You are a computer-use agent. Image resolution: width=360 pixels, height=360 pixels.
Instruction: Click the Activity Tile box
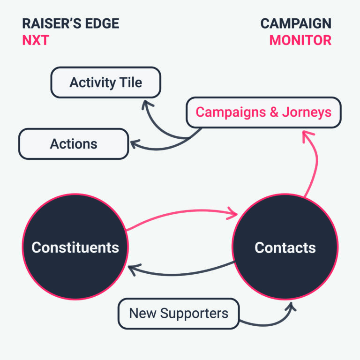click(105, 82)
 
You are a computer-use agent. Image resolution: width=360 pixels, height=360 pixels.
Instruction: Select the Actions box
click(73, 144)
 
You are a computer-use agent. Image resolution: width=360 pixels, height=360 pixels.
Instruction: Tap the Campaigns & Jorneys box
click(263, 112)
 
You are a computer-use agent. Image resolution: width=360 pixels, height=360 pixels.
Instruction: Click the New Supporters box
click(178, 313)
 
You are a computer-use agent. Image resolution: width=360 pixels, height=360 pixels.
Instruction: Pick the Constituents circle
click(75, 247)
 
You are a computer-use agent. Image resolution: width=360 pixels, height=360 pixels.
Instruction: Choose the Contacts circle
click(285, 247)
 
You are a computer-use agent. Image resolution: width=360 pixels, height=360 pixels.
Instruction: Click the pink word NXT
click(35, 40)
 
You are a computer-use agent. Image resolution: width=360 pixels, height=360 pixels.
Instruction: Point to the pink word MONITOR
click(300, 40)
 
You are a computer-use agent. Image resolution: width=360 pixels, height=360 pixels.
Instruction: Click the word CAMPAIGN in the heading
click(296, 23)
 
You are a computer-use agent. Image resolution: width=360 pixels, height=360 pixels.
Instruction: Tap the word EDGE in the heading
click(102, 23)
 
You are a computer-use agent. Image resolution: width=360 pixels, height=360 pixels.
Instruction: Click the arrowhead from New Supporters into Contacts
click(291, 307)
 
